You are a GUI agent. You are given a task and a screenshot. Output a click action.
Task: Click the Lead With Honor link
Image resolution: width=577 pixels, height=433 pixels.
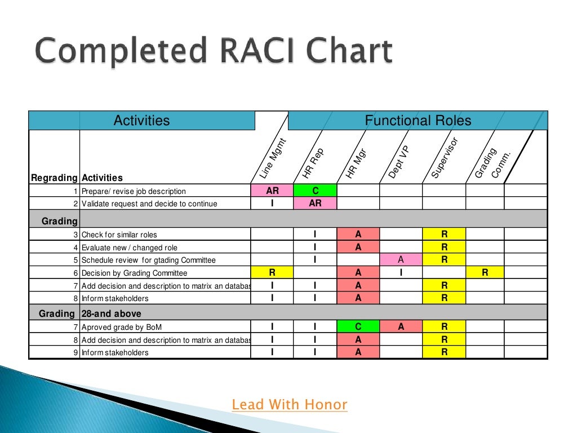[290, 404]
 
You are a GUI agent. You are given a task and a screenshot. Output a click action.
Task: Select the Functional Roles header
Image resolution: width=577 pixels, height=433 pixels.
[418, 120]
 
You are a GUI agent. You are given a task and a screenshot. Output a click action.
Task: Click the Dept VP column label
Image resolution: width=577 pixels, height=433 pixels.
[399, 162]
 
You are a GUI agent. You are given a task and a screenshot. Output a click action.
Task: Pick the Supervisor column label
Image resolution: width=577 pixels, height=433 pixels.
[445, 158]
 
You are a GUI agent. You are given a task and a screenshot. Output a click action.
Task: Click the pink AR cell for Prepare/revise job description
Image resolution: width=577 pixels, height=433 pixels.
[272, 191]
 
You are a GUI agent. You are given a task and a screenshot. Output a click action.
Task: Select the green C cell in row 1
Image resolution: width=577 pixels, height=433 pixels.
[315, 191]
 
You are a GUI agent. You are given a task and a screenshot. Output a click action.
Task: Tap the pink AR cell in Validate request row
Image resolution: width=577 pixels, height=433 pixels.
[315, 203]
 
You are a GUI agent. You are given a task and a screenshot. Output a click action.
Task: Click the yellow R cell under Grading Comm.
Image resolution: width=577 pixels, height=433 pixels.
[485, 273]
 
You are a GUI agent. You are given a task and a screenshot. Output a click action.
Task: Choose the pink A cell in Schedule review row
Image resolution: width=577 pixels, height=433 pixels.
[401, 260]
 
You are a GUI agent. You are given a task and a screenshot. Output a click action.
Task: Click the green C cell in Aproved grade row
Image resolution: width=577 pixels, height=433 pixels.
[358, 326]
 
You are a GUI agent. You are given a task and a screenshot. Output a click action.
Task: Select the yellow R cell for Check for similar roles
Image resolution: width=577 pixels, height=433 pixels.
[444, 234]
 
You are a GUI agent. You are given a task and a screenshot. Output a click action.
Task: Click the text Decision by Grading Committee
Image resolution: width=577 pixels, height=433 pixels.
[134, 273]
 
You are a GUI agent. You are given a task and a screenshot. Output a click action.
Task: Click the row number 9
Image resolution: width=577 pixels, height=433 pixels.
[76, 353]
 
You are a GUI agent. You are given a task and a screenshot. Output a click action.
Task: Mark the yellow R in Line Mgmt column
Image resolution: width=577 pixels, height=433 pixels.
[272, 273]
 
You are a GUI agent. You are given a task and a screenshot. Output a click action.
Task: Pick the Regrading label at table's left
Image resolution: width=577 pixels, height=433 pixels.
[54, 178]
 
